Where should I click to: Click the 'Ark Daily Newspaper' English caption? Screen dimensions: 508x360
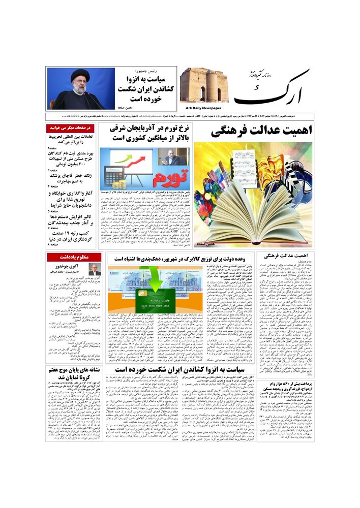(201, 108)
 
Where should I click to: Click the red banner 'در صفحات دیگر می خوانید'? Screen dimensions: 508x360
(71, 129)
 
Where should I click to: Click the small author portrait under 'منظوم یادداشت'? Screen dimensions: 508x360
(95, 269)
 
